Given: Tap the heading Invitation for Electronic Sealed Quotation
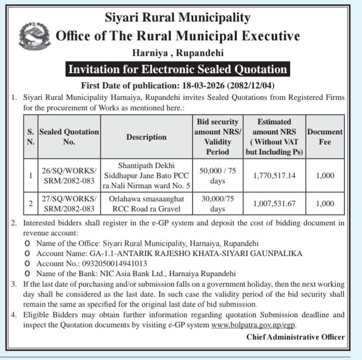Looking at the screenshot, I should tap(177, 69).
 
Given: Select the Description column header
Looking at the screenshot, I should tap(146, 137).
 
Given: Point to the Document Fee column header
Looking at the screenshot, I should tap(325, 136).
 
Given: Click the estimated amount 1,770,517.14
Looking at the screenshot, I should tap(274, 175).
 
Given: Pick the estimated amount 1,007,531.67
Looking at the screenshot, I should tap(274, 203).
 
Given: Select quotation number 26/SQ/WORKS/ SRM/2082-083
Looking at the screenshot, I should tap(69, 175).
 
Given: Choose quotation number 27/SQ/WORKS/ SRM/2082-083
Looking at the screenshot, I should tap(69, 203).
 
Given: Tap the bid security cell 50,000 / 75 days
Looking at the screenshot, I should tap(218, 175).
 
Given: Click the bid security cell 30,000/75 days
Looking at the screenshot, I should tap(218, 203).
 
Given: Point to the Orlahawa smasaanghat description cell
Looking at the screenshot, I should tap(146, 203).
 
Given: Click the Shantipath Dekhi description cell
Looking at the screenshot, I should tap(146, 175).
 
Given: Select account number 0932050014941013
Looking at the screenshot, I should tap(110, 264).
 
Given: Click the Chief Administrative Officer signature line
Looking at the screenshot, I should tap(295, 337).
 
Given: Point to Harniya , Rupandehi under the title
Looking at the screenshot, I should tap(178, 53).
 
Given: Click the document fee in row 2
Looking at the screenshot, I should tap(325, 203).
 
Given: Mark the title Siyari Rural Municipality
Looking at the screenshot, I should tap(178, 18).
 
